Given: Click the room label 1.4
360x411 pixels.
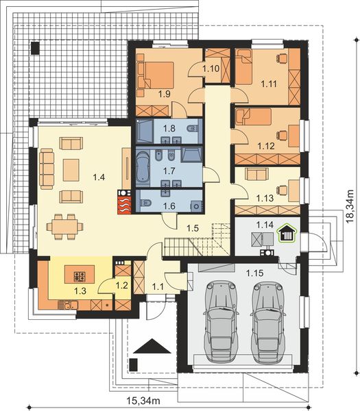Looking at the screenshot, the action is [x=99, y=177].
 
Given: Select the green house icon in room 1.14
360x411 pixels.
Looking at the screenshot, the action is [x=287, y=232].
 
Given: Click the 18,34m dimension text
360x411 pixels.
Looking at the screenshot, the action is [x=350, y=206].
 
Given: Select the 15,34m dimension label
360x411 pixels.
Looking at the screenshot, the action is [x=143, y=401].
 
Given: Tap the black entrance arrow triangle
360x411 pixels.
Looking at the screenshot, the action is [x=152, y=346].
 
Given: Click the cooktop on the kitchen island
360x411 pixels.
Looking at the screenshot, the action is [x=80, y=276].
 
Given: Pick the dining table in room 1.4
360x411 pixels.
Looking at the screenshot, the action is [x=64, y=227].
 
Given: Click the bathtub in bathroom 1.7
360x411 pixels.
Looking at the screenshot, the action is [x=143, y=166].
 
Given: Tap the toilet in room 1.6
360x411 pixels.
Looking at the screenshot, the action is [x=146, y=203].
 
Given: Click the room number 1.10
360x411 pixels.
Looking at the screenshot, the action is [x=211, y=68].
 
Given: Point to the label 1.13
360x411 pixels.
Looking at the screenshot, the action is [x=265, y=198].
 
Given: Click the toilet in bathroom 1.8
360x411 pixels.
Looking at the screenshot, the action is [x=192, y=129].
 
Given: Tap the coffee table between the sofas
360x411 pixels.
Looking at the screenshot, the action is [x=71, y=170].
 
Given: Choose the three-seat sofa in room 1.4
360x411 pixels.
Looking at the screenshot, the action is [x=47, y=169].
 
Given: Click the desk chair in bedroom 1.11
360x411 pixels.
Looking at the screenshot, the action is [x=282, y=58].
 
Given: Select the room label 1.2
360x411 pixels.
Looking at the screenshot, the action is [x=122, y=285].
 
